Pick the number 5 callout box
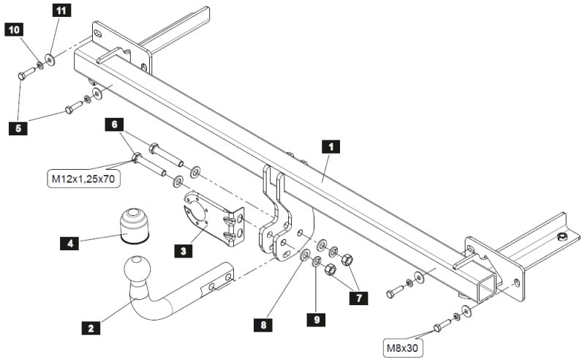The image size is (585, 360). point(17,128)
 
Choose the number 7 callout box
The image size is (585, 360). point(358,298)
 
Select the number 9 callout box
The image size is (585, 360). point(317,320)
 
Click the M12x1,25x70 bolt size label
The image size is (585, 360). point(82,179)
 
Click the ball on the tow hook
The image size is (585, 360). point(137,269)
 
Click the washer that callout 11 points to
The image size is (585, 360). point(50,59)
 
